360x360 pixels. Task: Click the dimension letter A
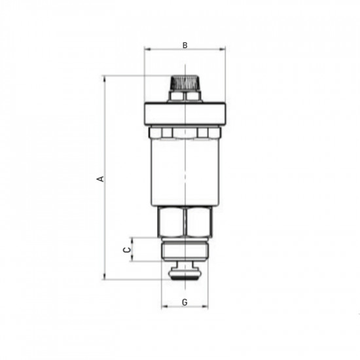pyautogui.click(x=99, y=178)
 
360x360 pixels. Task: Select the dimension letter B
pyautogui.click(x=185, y=45)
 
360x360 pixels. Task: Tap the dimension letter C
pyautogui.click(x=127, y=249)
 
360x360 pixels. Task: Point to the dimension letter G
pyautogui.click(x=185, y=302)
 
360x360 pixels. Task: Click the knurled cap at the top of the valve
pyautogui.click(x=185, y=83)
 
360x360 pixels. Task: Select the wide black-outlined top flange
pyautogui.click(x=185, y=114)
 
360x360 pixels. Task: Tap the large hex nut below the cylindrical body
pyautogui.click(x=185, y=221)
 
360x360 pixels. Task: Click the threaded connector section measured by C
pyautogui.click(x=185, y=249)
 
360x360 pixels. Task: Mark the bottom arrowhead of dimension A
pyautogui.click(x=105, y=278)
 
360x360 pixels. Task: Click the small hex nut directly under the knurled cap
pyautogui.click(x=185, y=97)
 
